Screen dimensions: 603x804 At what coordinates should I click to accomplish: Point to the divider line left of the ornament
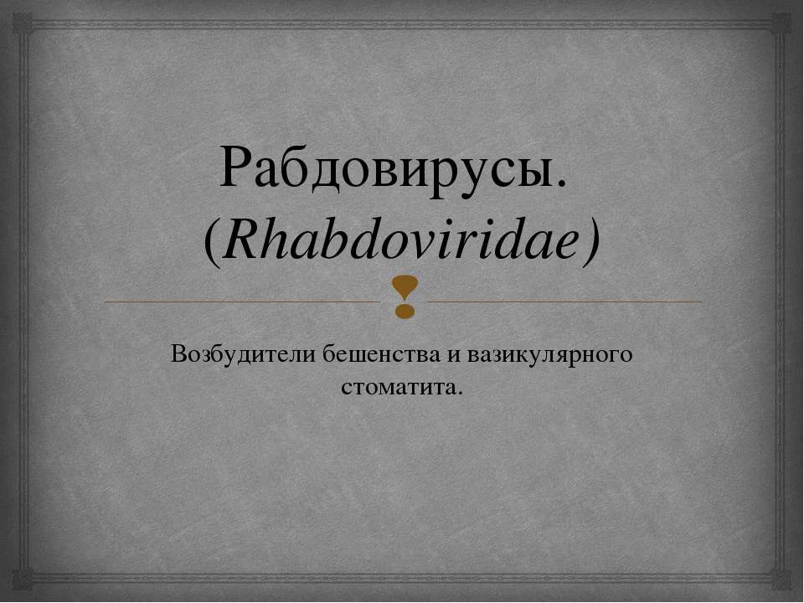click(x=243, y=301)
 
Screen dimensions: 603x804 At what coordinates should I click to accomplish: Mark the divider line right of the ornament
click(x=563, y=301)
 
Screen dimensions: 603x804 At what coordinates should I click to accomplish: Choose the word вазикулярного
click(x=550, y=354)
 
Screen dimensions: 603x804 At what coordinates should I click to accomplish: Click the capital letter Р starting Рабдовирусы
click(x=237, y=167)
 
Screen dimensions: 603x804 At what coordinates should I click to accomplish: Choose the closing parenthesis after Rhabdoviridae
click(x=593, y=244)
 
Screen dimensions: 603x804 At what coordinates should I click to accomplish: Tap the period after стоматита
click(x=458, y=393)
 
